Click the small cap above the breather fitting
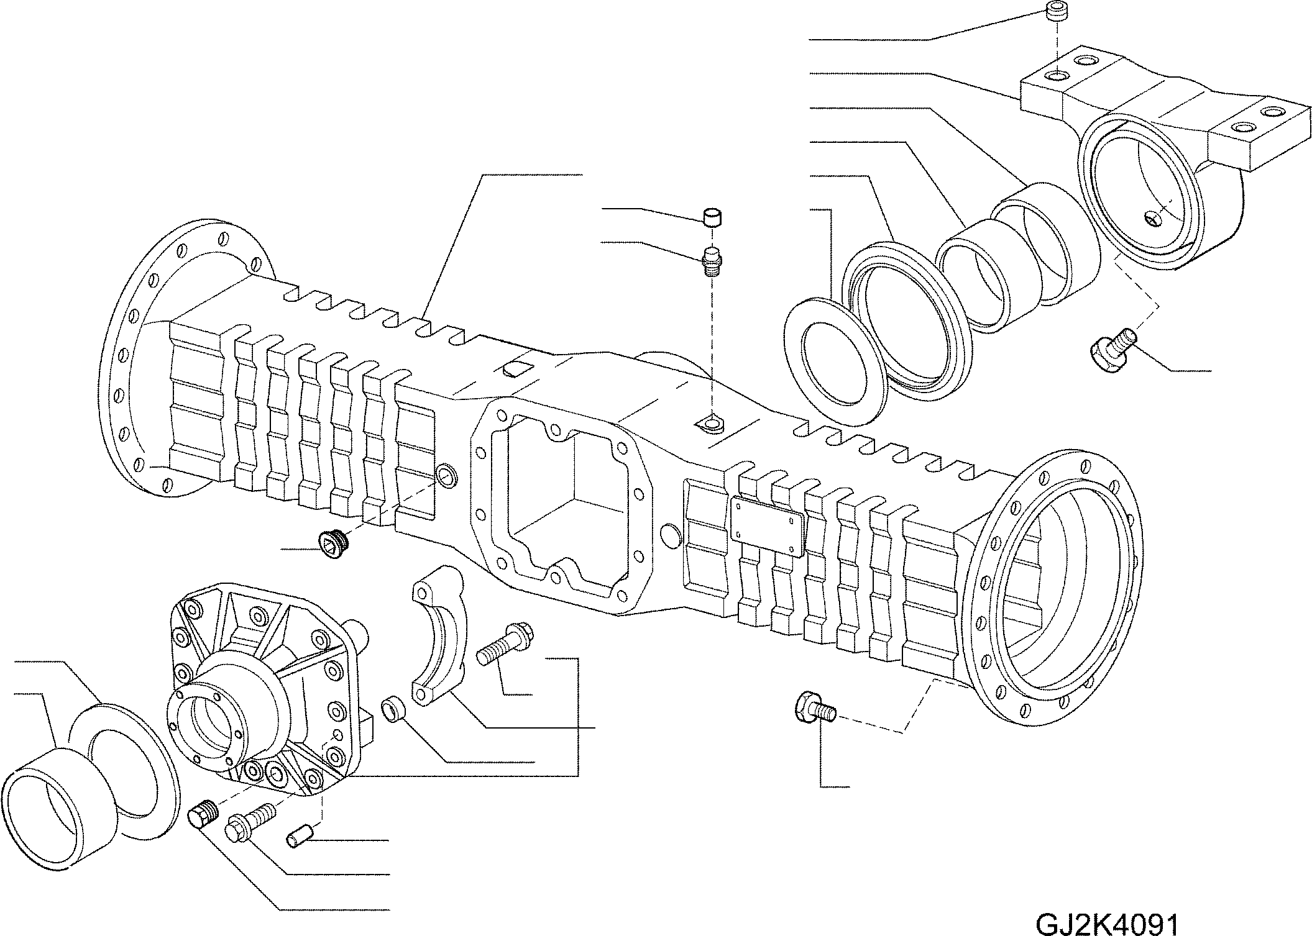pos(712,219)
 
